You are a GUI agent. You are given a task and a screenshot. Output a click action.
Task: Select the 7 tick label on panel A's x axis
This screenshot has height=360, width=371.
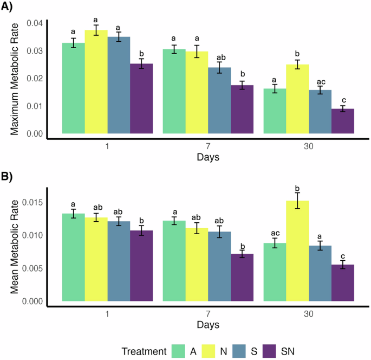(208, 146)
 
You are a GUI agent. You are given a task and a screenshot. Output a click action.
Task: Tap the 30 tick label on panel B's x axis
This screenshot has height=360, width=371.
(309, 314)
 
